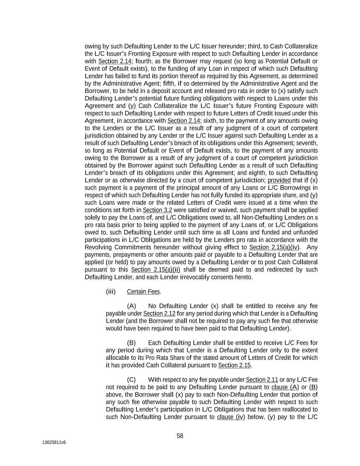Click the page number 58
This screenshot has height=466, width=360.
(180, 436)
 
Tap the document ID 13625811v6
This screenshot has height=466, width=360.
(54, 442)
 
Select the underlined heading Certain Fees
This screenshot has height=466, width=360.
(143, 292)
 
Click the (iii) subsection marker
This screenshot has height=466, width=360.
(111, 292)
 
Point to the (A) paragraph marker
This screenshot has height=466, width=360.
(131, 306)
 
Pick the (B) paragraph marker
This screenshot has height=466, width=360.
(131, 343)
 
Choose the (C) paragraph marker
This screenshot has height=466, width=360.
(131, 380)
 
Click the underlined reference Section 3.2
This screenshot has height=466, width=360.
(157, 210)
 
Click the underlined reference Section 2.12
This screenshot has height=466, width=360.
(159, 313)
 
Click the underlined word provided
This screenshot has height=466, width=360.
(279, 180)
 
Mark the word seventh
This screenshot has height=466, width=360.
(308, 143)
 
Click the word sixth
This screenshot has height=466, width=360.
(210, 121)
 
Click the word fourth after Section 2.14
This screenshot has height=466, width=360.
(144, 61)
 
